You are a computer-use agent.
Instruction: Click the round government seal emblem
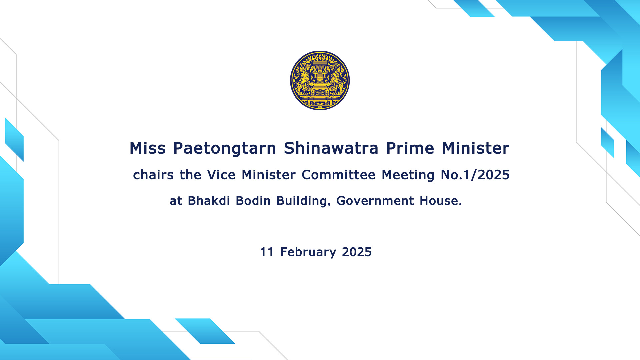(x=320, y=80)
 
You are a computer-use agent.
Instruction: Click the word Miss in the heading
(x=147, y=148)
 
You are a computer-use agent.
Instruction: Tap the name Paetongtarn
(x=225, y=149)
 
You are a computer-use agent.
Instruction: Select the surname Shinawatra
(x=331, y=148)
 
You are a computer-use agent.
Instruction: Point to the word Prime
(x=410, y=148)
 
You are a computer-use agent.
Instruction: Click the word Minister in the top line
(x=476, y=148)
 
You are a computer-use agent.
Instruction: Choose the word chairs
(x=153, y=175)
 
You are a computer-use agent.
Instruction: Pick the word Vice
(x=221, y=175)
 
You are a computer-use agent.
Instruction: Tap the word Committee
(x=338, y=175)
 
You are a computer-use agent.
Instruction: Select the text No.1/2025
(x=475, y=175)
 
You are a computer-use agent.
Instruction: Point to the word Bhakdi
(x=209, y=201)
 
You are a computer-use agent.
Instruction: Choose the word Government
(x=375, y=201)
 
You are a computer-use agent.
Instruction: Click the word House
(x=441, y=201)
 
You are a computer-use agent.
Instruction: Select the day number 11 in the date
(x=267, y=252)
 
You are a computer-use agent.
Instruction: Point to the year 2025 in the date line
(x=357, y=252)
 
